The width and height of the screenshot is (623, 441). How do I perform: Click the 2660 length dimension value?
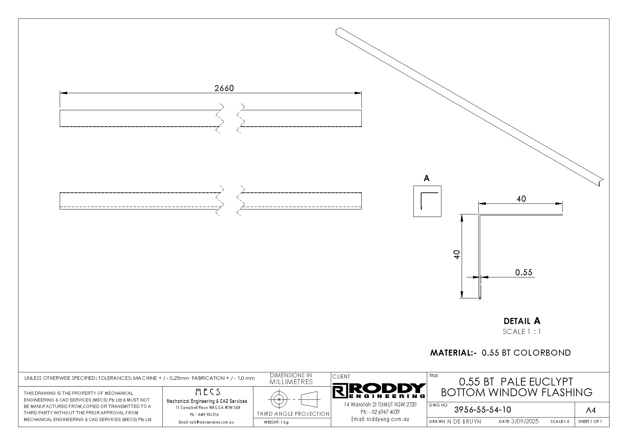pyautogui.click(x=224, y=88)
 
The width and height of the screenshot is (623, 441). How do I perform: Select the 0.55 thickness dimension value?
pyautogui.click(x=524, y=272)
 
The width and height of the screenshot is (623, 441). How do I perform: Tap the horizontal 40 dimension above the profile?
pyautogui.click(x=521, y=199)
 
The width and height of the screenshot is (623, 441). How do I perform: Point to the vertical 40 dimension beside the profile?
pyautogui.click(x=457, y=254)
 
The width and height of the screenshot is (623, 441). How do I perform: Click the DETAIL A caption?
pyautogui.click(x=522, y=321)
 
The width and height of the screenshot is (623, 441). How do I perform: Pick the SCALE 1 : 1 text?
pyautogui.click(x=522, y=332)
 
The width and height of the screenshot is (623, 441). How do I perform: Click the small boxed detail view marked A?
pyautogui.click(x=427, y=201)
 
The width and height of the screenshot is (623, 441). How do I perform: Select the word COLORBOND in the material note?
pyautogui.click(x=542, y=353)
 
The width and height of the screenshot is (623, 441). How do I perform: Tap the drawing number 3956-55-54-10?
pyautogui.click(x=483, y=410)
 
